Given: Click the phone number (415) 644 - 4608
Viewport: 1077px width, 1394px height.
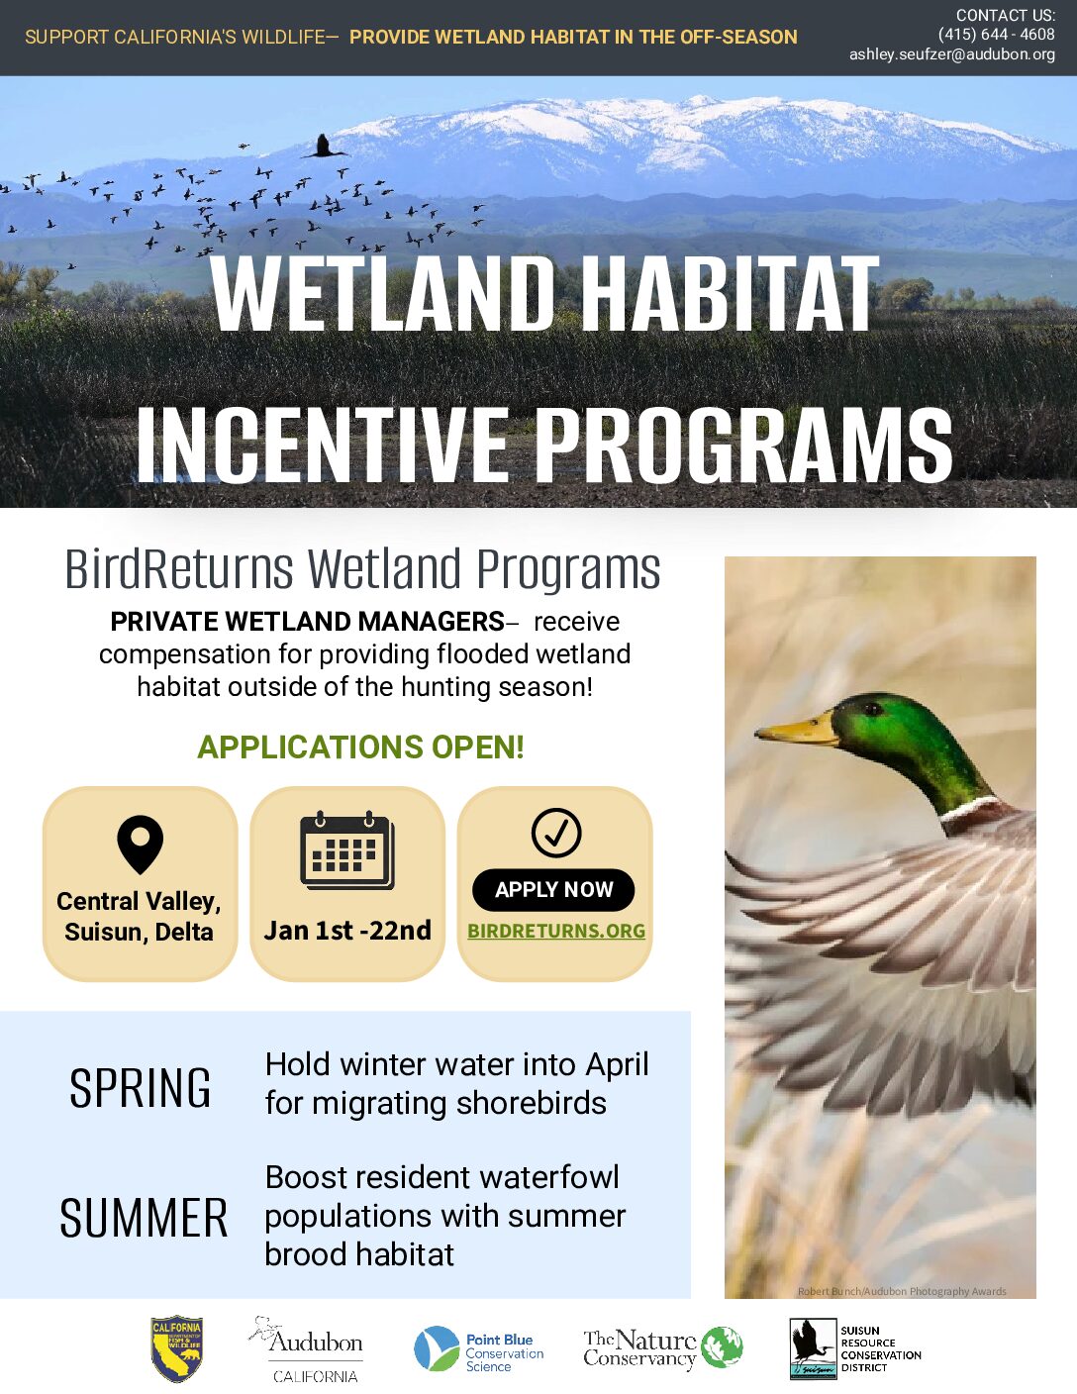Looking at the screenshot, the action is pos(996,34).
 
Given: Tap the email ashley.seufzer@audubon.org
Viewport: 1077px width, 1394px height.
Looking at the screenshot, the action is pos(952,54).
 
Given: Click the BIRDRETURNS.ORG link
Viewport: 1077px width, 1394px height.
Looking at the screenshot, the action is pos(556,931).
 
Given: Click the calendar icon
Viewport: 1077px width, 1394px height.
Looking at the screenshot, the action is pos(347,850).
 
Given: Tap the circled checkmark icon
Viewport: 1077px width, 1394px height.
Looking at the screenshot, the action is pos(556,833).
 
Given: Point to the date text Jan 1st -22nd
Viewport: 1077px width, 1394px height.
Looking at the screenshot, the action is pos(347,931).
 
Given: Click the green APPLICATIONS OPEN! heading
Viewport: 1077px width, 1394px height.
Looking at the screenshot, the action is pos(360,747).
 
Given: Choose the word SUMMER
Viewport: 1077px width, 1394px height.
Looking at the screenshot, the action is pos(144,1218).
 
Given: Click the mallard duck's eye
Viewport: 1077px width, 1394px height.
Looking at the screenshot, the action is pos(872,709).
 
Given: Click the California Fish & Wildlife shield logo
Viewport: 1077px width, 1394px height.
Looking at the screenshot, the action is pos(177,1349).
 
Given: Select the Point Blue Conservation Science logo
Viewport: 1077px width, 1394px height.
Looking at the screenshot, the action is pos(478,1348).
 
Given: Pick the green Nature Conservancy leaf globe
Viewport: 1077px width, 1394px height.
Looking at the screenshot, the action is pos(722,1347).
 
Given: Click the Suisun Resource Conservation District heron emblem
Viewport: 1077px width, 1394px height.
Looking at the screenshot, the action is pos(813,1348).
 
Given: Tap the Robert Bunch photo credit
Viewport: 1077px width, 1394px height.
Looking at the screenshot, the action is pos(902,1291).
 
